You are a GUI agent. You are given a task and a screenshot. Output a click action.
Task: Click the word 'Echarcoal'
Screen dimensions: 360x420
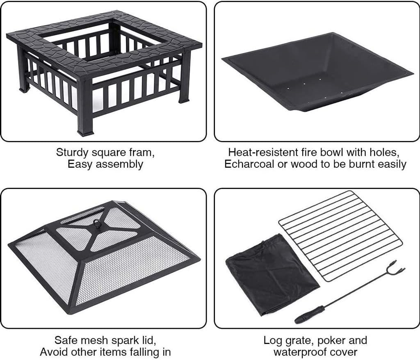(x=249, y=164)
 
